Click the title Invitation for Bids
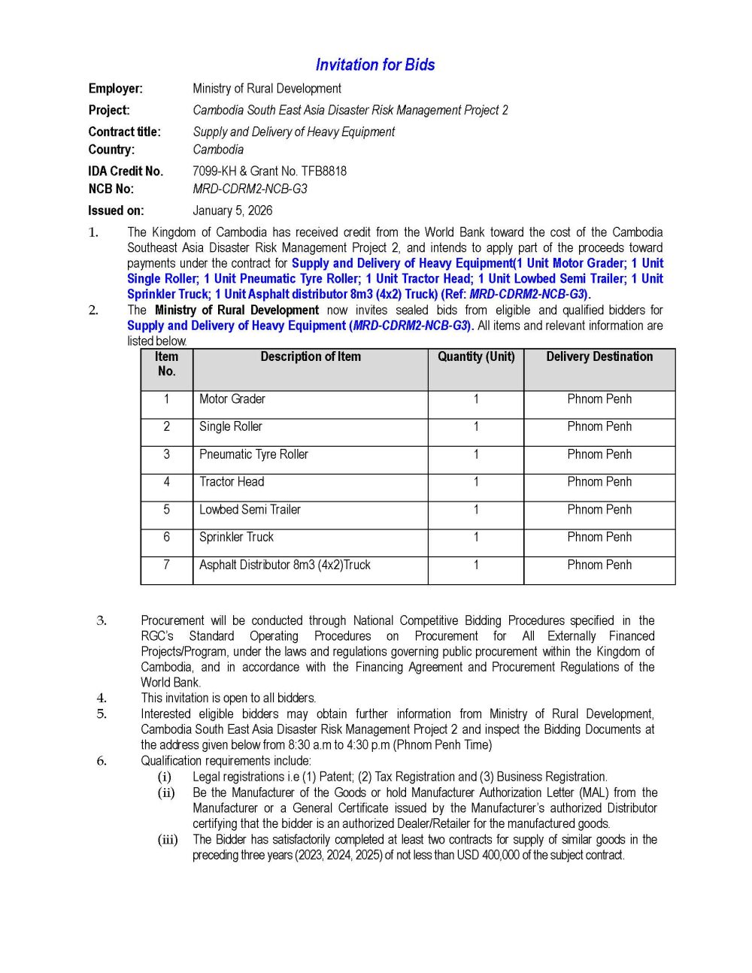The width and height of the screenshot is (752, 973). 375,65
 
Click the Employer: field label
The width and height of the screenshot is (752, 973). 115,89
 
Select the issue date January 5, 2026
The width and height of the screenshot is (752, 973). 232,211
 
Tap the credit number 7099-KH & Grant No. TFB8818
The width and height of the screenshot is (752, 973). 269,171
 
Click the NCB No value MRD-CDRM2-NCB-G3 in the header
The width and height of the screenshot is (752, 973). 250,189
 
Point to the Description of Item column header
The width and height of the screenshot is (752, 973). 311,357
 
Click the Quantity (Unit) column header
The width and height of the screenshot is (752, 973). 476,357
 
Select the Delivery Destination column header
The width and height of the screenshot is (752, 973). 599,357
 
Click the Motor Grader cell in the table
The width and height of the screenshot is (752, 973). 232,399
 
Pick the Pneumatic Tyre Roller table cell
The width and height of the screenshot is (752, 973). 253,454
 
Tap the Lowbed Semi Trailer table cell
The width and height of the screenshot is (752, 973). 250,510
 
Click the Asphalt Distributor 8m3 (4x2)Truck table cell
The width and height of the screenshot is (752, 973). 284,565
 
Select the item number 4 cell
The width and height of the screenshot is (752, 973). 166,482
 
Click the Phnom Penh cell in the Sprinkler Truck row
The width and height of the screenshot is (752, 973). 599,537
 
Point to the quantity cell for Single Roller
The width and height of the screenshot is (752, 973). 476,427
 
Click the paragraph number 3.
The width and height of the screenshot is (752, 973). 102,621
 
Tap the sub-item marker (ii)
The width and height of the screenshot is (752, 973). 166,793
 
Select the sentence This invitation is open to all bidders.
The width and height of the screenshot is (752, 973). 229,698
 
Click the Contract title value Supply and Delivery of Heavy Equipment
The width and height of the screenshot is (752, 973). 293,132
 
